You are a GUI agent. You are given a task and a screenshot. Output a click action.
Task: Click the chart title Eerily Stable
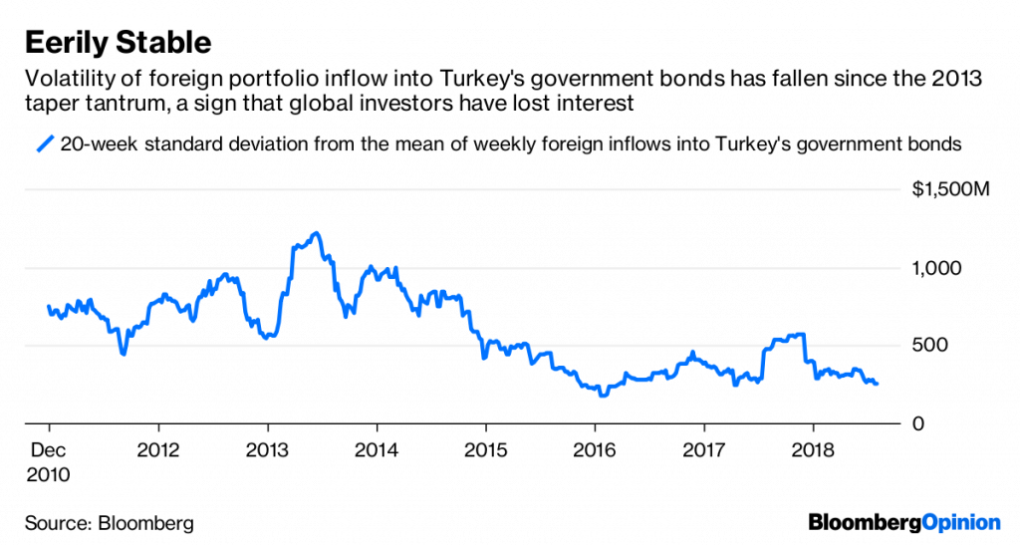tap(118, 42)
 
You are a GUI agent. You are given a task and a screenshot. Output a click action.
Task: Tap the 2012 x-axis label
tap(160, 449)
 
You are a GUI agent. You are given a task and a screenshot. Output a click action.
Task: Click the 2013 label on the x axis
tap(268, 449)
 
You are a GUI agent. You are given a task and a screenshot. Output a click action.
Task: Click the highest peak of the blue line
tap(315, 233)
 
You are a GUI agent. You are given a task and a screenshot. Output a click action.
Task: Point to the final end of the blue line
tap(877, 384)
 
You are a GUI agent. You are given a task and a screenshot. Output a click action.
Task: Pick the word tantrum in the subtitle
tap(128, 103)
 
